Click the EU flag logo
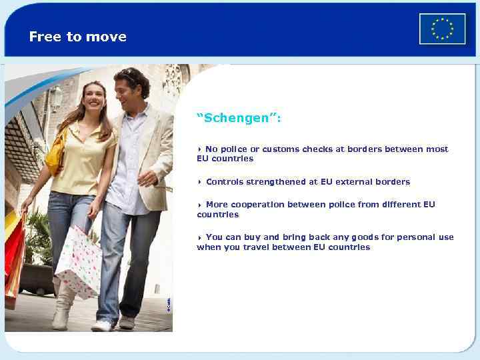442,29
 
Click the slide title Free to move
77,37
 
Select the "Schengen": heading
239,118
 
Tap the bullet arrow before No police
199,149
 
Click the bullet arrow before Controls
199,182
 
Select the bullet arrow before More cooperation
199,205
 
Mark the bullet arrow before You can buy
199,237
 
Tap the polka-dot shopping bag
79,259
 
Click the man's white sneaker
102,325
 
